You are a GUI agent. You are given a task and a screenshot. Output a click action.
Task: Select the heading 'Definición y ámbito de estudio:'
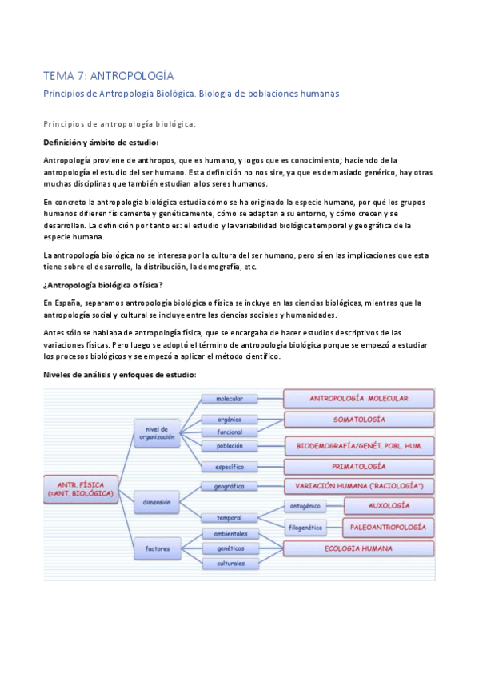click(x=101, y=143)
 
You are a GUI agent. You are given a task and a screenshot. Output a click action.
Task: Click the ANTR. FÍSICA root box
click(x=80, y=488)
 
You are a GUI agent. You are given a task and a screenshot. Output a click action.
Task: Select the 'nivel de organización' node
click(x=156, y=432)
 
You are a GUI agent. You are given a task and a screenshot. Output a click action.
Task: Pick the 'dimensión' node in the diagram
click(x=157, y=502)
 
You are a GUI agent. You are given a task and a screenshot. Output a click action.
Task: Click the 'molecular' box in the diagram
click(x=229, y=398)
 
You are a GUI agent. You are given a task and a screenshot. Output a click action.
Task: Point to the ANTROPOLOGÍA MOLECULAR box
click(x=359, y=398)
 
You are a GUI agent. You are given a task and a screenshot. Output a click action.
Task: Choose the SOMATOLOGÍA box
click(x=359, y=420)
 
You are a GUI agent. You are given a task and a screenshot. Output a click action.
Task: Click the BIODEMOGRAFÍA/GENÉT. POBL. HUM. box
click(x=359, y=444)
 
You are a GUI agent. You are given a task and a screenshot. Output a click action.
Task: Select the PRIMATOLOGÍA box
click(x=359, y=466)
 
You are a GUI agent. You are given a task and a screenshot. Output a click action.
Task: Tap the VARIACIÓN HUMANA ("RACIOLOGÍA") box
click(x=359, y=486)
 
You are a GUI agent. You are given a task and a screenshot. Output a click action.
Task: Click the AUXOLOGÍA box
click(x=389, y=506)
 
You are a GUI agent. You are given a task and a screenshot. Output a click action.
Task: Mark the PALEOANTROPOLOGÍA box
click(x=389, y=527)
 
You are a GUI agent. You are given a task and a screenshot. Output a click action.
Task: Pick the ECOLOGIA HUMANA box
click(x=359, y=548)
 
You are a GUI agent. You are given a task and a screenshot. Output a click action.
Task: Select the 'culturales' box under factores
click(x=229, y=564)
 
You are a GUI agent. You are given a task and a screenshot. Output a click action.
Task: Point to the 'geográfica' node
click(x=229, y=487)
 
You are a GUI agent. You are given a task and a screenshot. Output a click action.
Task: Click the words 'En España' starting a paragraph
click(x=62, y=303)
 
